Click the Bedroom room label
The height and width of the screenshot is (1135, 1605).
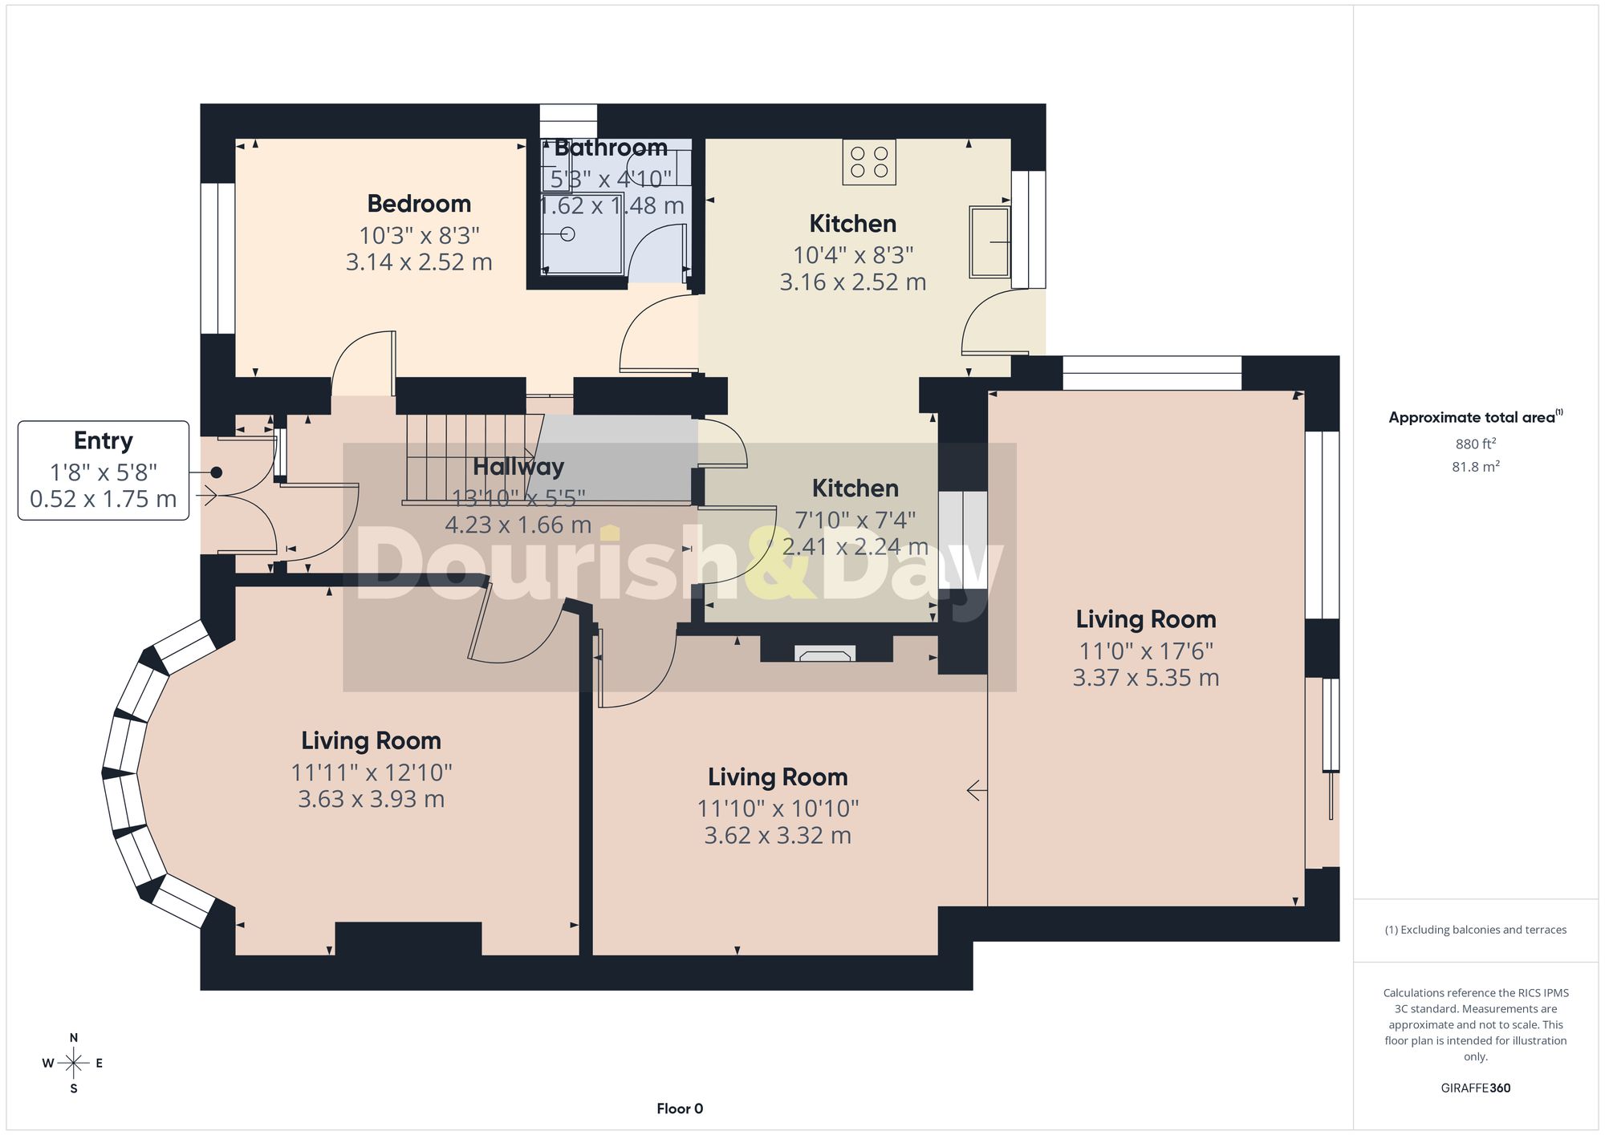click(x=419, y=204)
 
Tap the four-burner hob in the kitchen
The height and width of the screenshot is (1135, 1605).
click(x=869, y=162)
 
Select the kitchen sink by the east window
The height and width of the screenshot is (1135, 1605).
click(x=989, y=242)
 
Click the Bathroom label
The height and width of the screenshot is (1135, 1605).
click(x=611, y=148)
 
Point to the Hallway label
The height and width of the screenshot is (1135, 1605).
click(x=518, y=467)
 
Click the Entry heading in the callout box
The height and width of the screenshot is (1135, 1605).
click(x=104, y=440)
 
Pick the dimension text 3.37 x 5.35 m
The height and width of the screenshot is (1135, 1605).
click(x=1146, y=678)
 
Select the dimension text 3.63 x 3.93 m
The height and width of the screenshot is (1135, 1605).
click(x=372, y=799)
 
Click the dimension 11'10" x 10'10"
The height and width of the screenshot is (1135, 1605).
click(x=778, y=809)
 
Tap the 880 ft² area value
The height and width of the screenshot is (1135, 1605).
click(x=1476, y=444)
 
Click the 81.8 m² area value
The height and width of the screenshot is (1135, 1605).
click(x=1476, y=466)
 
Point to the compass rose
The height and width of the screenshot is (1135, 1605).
click(x=74, y=1064)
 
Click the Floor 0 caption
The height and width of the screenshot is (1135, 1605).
click(x=680, y=1109)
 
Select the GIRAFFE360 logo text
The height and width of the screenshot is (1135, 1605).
click(x=1476, y=1088)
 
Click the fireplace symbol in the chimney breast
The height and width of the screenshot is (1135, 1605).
click(x=825, y=653)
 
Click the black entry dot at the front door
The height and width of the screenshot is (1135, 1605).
click(x=216, y=472)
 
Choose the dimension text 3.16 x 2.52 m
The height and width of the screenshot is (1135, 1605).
click(x=853, y=282)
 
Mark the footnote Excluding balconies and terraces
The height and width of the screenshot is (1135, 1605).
click(x=1476, y=930)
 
